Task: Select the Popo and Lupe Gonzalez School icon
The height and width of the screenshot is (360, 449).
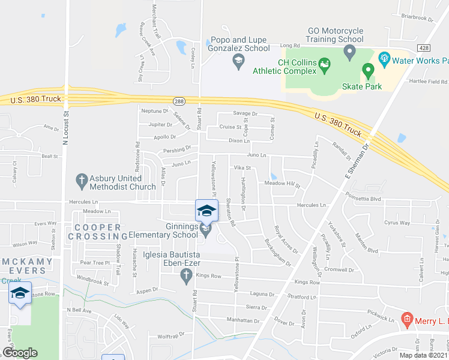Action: (x=238, y=59)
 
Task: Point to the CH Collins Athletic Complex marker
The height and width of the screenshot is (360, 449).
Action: (x=325, y=62)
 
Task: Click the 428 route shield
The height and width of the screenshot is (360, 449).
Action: (x=425, y=47)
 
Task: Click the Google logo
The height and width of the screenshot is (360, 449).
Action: (x=20, y=353)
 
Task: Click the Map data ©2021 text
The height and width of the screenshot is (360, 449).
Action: (x=423, y=355)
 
